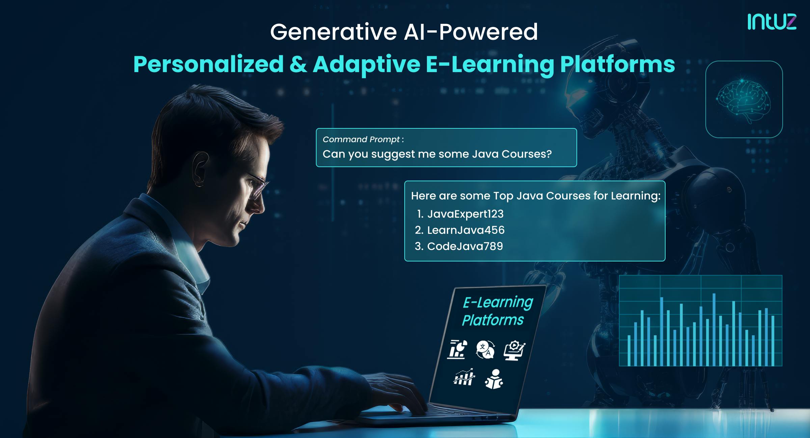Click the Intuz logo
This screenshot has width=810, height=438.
point(772,22)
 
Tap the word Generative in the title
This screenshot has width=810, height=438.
point(333,32)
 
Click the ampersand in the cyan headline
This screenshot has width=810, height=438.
point(298,64)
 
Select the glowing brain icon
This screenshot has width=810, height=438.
point(744,99)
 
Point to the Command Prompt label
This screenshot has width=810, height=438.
point(363,139)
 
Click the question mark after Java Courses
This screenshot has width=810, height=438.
point(548,154)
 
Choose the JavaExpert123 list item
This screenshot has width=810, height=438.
point(460,214)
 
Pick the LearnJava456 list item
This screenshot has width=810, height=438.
point(460,230)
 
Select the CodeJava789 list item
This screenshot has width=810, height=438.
point(459,246)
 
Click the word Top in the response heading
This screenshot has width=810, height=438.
point(503,196)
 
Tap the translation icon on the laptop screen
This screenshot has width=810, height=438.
point(485,349)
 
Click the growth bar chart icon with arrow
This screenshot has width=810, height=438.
point(464,377)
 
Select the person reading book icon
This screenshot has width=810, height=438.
point(494,379)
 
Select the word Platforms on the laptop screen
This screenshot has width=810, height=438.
point(493,320)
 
